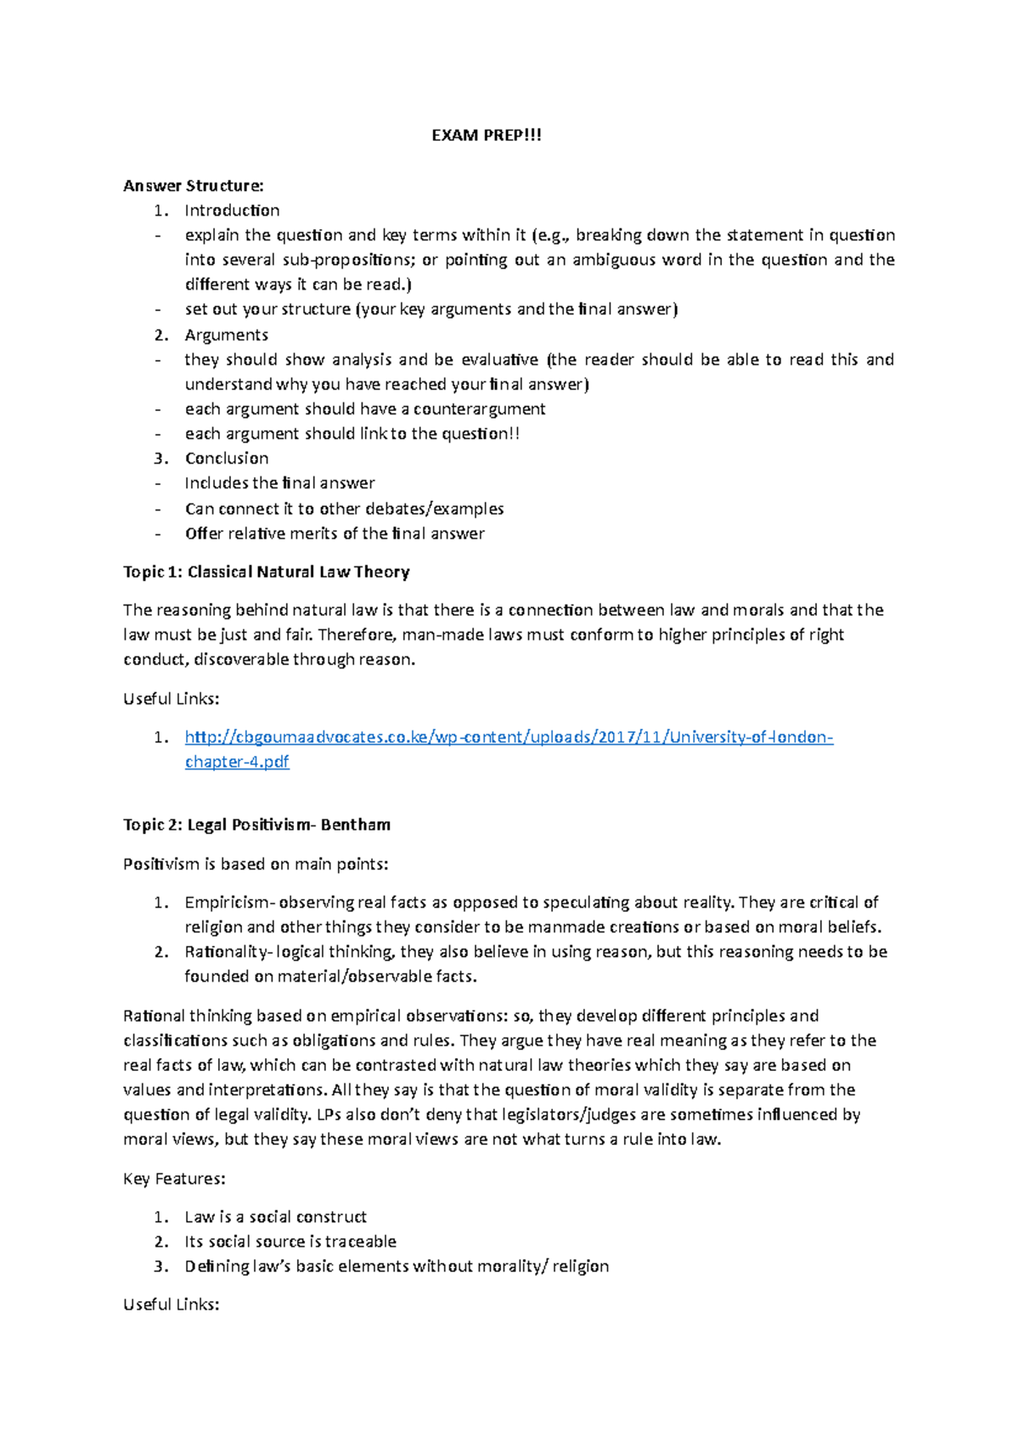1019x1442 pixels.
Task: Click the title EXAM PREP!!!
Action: (486, 136)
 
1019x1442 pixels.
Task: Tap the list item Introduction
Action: (232, 211)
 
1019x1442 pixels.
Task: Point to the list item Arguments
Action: (226, 335)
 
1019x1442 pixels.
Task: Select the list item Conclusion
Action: (227, 459)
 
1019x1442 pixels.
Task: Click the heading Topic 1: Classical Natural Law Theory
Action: (266, 572)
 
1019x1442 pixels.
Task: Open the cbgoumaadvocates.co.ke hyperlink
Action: (509, 737)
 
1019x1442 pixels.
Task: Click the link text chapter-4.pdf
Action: (237, 763)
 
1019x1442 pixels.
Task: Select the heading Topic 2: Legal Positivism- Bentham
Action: (256, 825)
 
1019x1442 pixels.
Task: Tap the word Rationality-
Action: (228, 952)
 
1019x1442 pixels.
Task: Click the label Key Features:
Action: (174, 1179)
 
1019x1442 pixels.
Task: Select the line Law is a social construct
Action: (275, 1217)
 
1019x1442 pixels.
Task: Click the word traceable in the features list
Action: (360, 1242)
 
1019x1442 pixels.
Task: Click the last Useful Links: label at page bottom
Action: (172, 1304)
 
